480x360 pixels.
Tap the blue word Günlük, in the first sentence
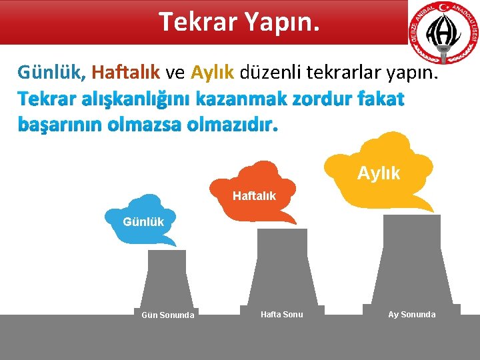click(x=52, y=71)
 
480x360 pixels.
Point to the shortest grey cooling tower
click(x=167, y=287)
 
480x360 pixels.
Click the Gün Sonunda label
click(x=168, y=315)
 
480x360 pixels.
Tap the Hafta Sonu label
click(x=281, y=314)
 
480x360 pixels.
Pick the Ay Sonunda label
click(x=411, y=314)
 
